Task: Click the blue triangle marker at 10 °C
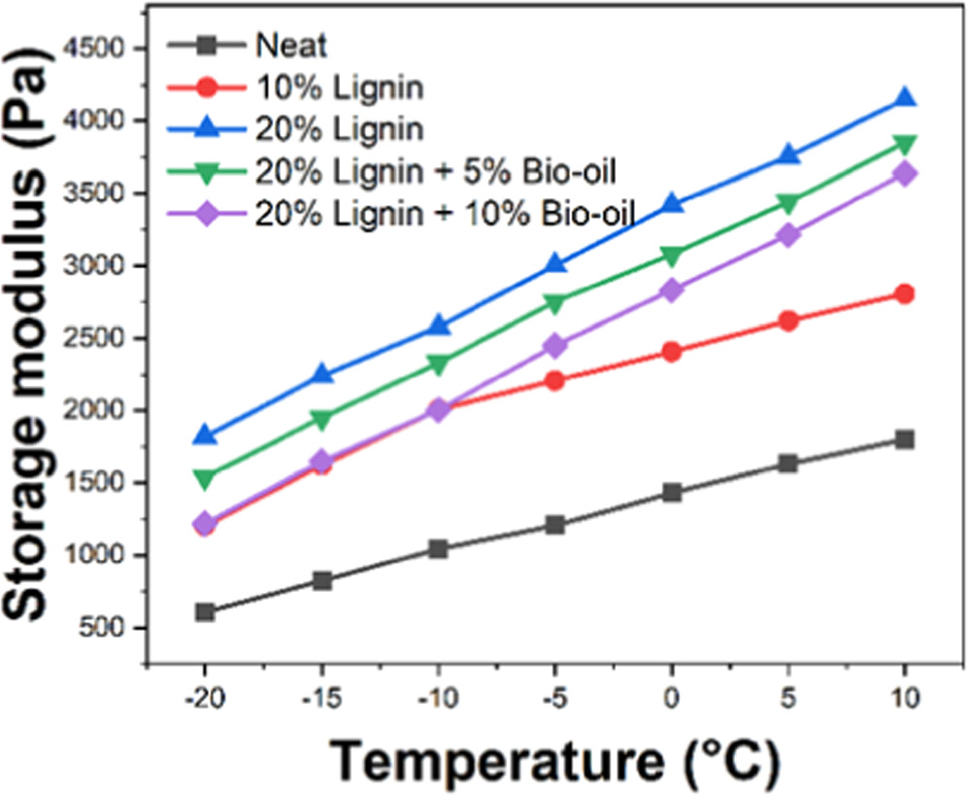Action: [x=904, y=97]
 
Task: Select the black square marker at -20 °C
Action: [x=205, y=612]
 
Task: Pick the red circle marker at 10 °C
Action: [x=904, y=294]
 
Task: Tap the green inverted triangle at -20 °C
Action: [x=205, y=479]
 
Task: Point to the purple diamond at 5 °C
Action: [x=787, y=234]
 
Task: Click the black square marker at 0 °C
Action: [x=671, y=493]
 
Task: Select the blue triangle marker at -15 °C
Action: [x=321, y=375]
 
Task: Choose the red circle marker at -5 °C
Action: [x=554, y=380]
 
